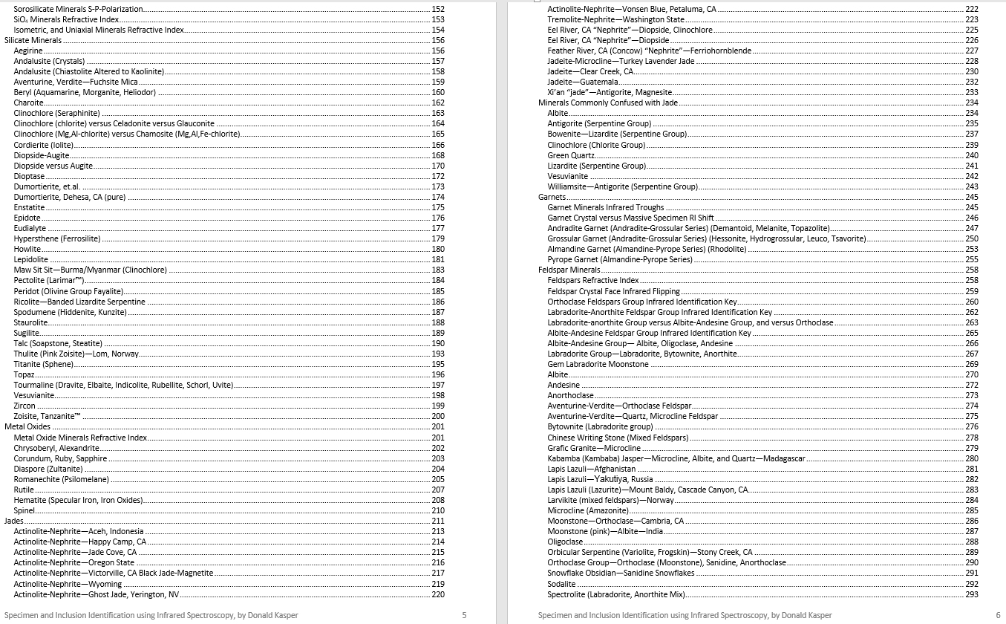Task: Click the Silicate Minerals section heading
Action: tap(33, 40)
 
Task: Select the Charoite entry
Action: tap(29, 103)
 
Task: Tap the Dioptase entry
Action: tap(30, 176)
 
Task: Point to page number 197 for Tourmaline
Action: tap(438, 385)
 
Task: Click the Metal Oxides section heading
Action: tap(27, 426)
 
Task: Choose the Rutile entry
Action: tap(24, 490)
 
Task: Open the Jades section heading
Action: tap(14, 521)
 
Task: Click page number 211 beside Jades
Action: tap(438, 521)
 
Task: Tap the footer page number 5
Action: tap(464, 615)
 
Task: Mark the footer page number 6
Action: tap(998, 615)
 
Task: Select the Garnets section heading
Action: tap(552, 197)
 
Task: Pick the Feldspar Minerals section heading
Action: tap(569, 270)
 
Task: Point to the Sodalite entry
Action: tap(561, 584)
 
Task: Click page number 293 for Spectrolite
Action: tap(972, 594)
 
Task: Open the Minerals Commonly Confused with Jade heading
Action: tap(608, 103)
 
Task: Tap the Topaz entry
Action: tap(25, 374)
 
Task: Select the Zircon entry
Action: tap(25, 406)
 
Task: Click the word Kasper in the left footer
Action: tap(286, 615)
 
